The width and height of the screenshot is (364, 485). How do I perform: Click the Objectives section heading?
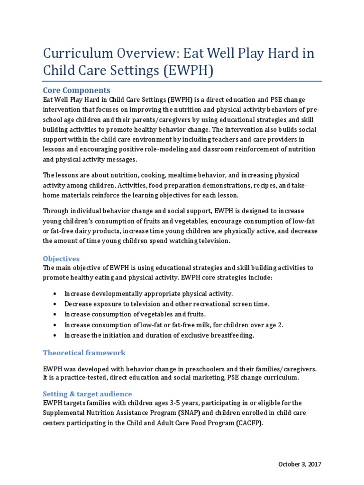click(x=61, y=259)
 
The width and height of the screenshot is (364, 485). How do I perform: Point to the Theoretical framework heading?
click(x=84, y=352)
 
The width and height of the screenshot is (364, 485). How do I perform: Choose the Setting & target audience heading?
click(x=87, y=394)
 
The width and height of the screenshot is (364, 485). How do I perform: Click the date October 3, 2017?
click(x=300, y=464)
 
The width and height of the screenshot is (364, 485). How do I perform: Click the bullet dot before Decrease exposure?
click(x=56, y=304)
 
